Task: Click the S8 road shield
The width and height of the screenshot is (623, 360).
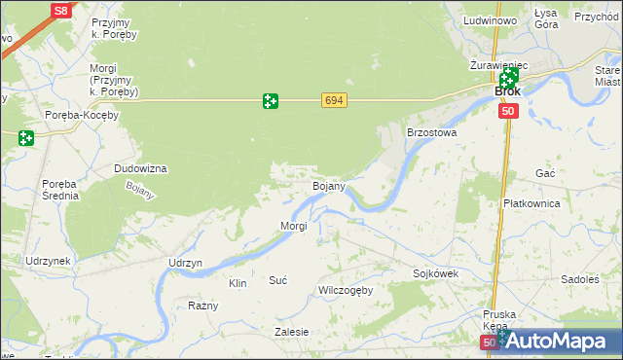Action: (x=61, y=11)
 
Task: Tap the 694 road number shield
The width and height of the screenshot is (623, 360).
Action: (x=334, y=100)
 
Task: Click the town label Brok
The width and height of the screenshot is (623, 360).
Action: (x=507, y=91)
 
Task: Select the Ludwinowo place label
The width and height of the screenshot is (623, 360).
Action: (x=490, y=20)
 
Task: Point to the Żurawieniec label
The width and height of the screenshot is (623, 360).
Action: (x=497, y=64)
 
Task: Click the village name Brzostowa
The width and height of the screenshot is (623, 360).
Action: (x=431, y=132)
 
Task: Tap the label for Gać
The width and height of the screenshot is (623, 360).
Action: (x=545, y=172)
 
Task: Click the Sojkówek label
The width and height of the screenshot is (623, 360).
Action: (x=435, y=274)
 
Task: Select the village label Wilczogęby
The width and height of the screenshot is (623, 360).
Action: (x=346, y=291)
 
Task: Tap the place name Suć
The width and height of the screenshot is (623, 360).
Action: (x=277, y=280)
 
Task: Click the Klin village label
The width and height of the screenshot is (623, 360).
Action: (x=237, y=283)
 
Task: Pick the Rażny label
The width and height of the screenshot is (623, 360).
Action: (x=202, y=306)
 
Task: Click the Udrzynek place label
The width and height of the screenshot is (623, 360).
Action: (x=48, y=262)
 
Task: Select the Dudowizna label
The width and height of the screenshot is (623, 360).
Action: (x=140, y=168)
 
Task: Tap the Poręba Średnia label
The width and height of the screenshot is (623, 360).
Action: (x=59, y=189)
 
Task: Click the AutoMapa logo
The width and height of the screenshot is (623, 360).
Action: (x=562, y=342)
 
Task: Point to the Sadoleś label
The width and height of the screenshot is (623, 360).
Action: (x=580, y=278)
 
